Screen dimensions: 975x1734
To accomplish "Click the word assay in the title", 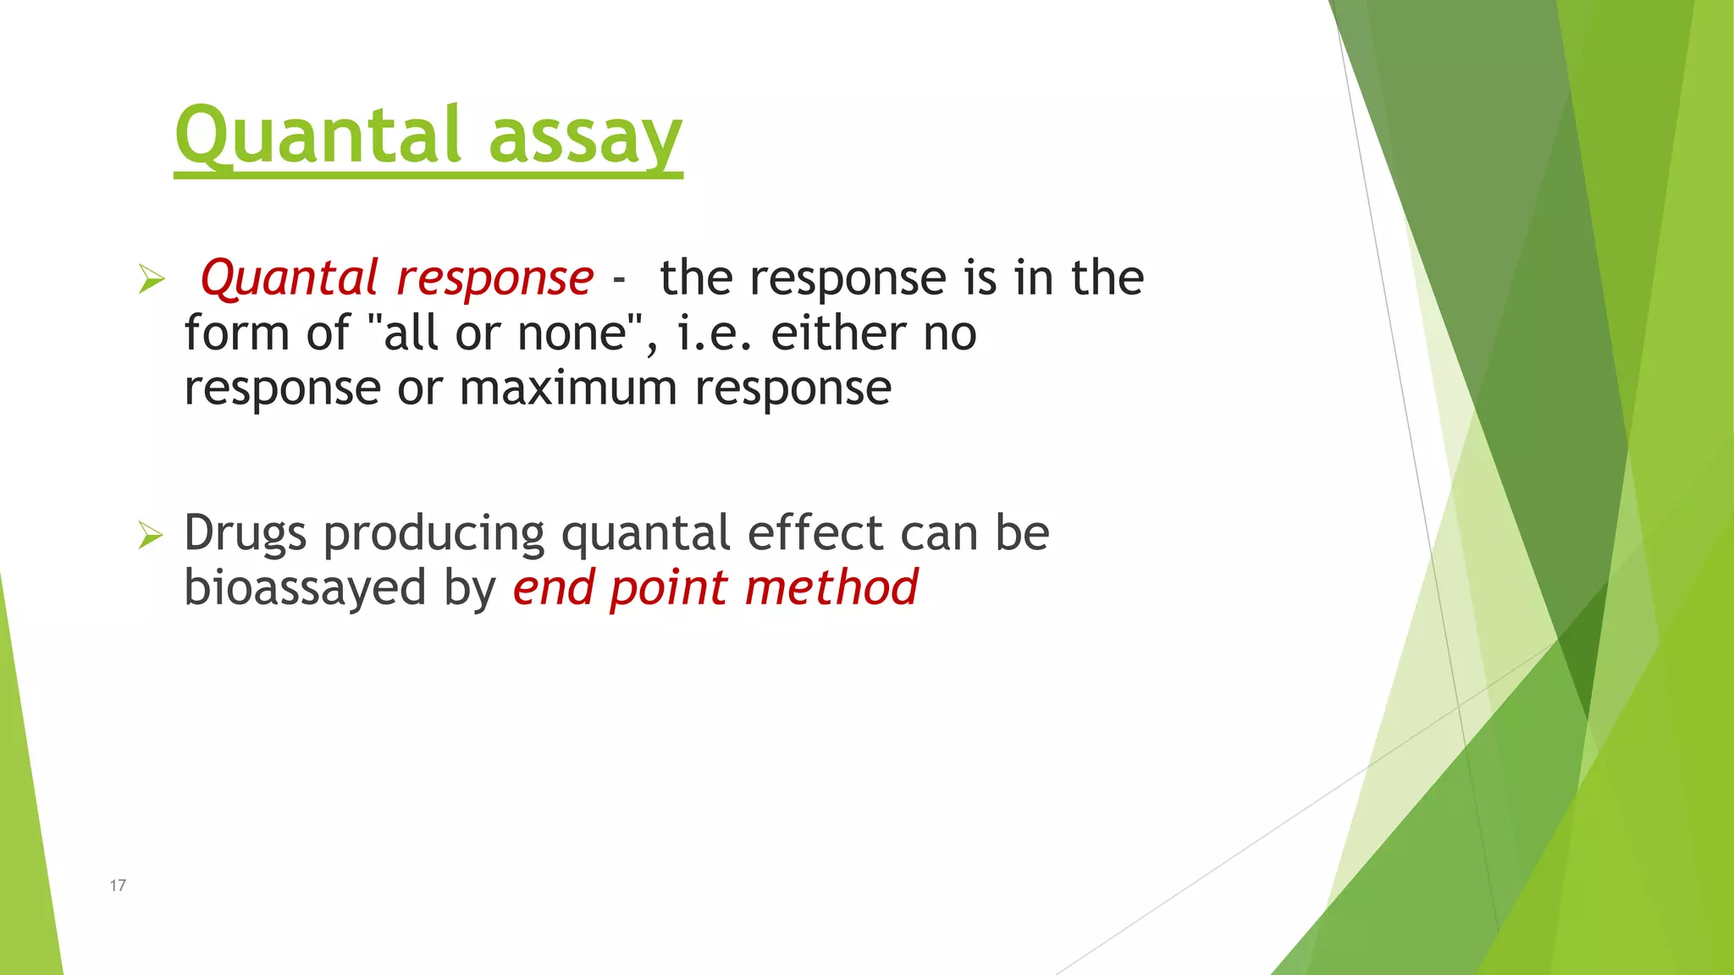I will [x=585, y=140].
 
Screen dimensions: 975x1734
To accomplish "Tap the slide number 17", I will [x=118, y=885].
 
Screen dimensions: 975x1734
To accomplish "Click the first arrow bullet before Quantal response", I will [x=151, y=278].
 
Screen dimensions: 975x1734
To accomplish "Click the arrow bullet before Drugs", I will [x=151, y=534].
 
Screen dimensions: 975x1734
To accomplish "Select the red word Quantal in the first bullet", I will [x=288, y=278].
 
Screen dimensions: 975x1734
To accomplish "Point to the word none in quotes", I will [x=572, y=333].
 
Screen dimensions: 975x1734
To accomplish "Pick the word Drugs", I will [x=245, y=534].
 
